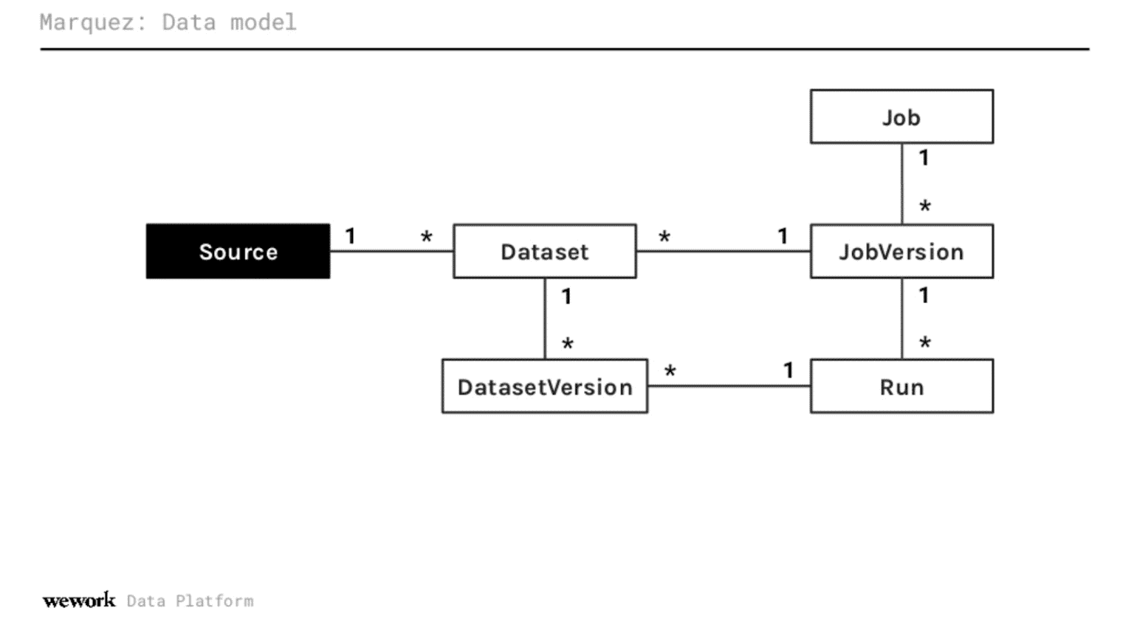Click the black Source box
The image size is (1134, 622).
(238, 251)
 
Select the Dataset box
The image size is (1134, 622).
(545, 251)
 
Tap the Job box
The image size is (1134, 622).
(901, 117)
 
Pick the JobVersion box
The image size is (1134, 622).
(901, 251)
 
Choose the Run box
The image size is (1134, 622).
(901, 386)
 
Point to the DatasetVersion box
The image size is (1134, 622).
(545, 386)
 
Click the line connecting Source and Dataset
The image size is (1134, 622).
(392, 251)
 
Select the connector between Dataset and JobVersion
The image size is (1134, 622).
(724, 251)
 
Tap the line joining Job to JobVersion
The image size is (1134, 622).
(901, 184)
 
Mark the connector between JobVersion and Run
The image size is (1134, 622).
(901, 319)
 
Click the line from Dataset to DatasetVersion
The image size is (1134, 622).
(545, 319)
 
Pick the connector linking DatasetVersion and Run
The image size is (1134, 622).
(729, 386)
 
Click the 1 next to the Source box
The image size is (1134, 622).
(351, 236)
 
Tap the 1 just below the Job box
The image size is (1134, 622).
(924, 158)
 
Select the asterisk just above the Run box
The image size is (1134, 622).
(925, 343)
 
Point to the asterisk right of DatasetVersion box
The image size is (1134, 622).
(670, 371)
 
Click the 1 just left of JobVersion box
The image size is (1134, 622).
(783, 236)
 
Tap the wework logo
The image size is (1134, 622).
(79, 601)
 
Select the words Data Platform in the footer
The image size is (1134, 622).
(190, 601)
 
